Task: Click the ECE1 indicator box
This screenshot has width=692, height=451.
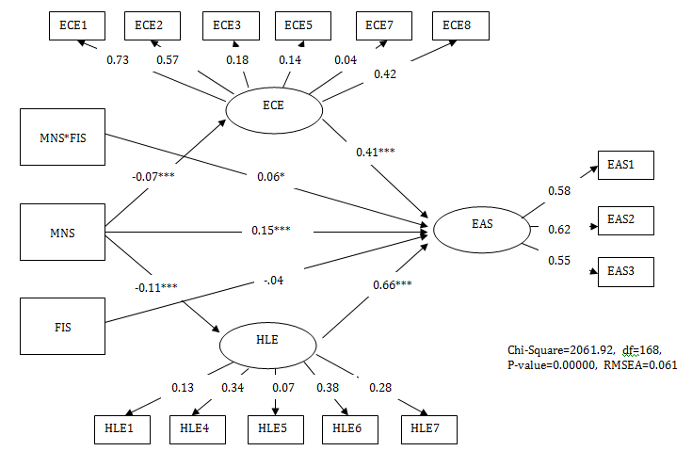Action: click(x=75, y=25)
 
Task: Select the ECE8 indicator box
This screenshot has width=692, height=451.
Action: click(x=460, y=25)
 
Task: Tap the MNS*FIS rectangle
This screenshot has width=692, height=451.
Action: click(x=62, y=137)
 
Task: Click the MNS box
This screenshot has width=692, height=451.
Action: click(x=62, y=228)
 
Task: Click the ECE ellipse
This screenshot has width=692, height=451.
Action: click(x=274, y=105)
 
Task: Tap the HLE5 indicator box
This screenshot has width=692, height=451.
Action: click(x=274, y=429)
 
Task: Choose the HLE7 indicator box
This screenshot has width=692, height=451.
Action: click(x=429, y=429)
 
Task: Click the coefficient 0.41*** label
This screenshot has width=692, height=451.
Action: click(x=375, y=152)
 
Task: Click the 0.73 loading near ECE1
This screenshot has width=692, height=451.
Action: click(x=117, y=60)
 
